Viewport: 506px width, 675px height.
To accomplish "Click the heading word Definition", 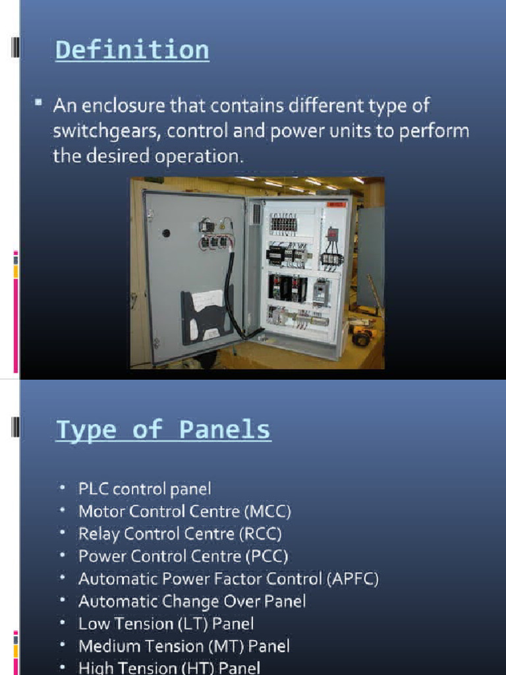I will [x=132, y=50].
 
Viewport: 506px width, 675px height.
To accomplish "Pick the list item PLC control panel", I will [x=145, y=489].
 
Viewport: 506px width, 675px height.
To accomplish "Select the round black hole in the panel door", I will [x=166, y=233].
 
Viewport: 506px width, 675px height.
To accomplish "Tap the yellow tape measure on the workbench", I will [x=360, y=338].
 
